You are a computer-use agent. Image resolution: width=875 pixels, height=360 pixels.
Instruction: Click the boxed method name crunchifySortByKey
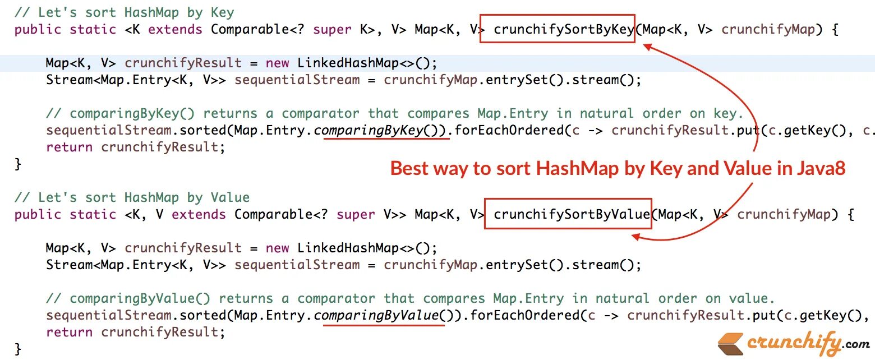pyautogui.click(x=564, y=29)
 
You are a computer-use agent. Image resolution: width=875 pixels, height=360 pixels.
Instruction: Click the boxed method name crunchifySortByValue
pyautogui.click(x=572, y=214)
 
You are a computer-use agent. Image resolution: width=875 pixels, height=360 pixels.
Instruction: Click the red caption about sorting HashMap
pyautogui.click(x=618, y=168)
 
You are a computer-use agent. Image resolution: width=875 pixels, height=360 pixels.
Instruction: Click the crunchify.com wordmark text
pyautogui.click(x=808, y=341)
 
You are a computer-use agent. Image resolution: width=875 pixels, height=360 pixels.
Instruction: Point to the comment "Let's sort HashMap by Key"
pyautogui.click(x=125, y=12)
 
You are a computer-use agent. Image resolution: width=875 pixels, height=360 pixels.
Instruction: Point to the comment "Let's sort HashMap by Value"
pyautogui.click(x=132, y=197)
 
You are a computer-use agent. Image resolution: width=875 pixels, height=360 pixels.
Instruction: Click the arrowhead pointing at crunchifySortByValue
pyautogui.click(x=637, y=237)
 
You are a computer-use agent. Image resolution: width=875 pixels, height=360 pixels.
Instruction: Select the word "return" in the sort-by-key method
pyautogui.click(x=70, y=147)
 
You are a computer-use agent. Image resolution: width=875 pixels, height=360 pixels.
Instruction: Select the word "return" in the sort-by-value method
pyautogui.click(x=70, y=333)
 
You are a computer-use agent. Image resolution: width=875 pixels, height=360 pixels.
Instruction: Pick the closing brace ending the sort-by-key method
pyautogui.click(x=18, y=164)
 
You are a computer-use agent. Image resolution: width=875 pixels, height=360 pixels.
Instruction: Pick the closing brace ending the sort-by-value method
pyautogui.click(x=18, y=349)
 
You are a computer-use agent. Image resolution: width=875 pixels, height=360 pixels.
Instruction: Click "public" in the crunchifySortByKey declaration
pyautogui.click(x=38, y=29)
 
